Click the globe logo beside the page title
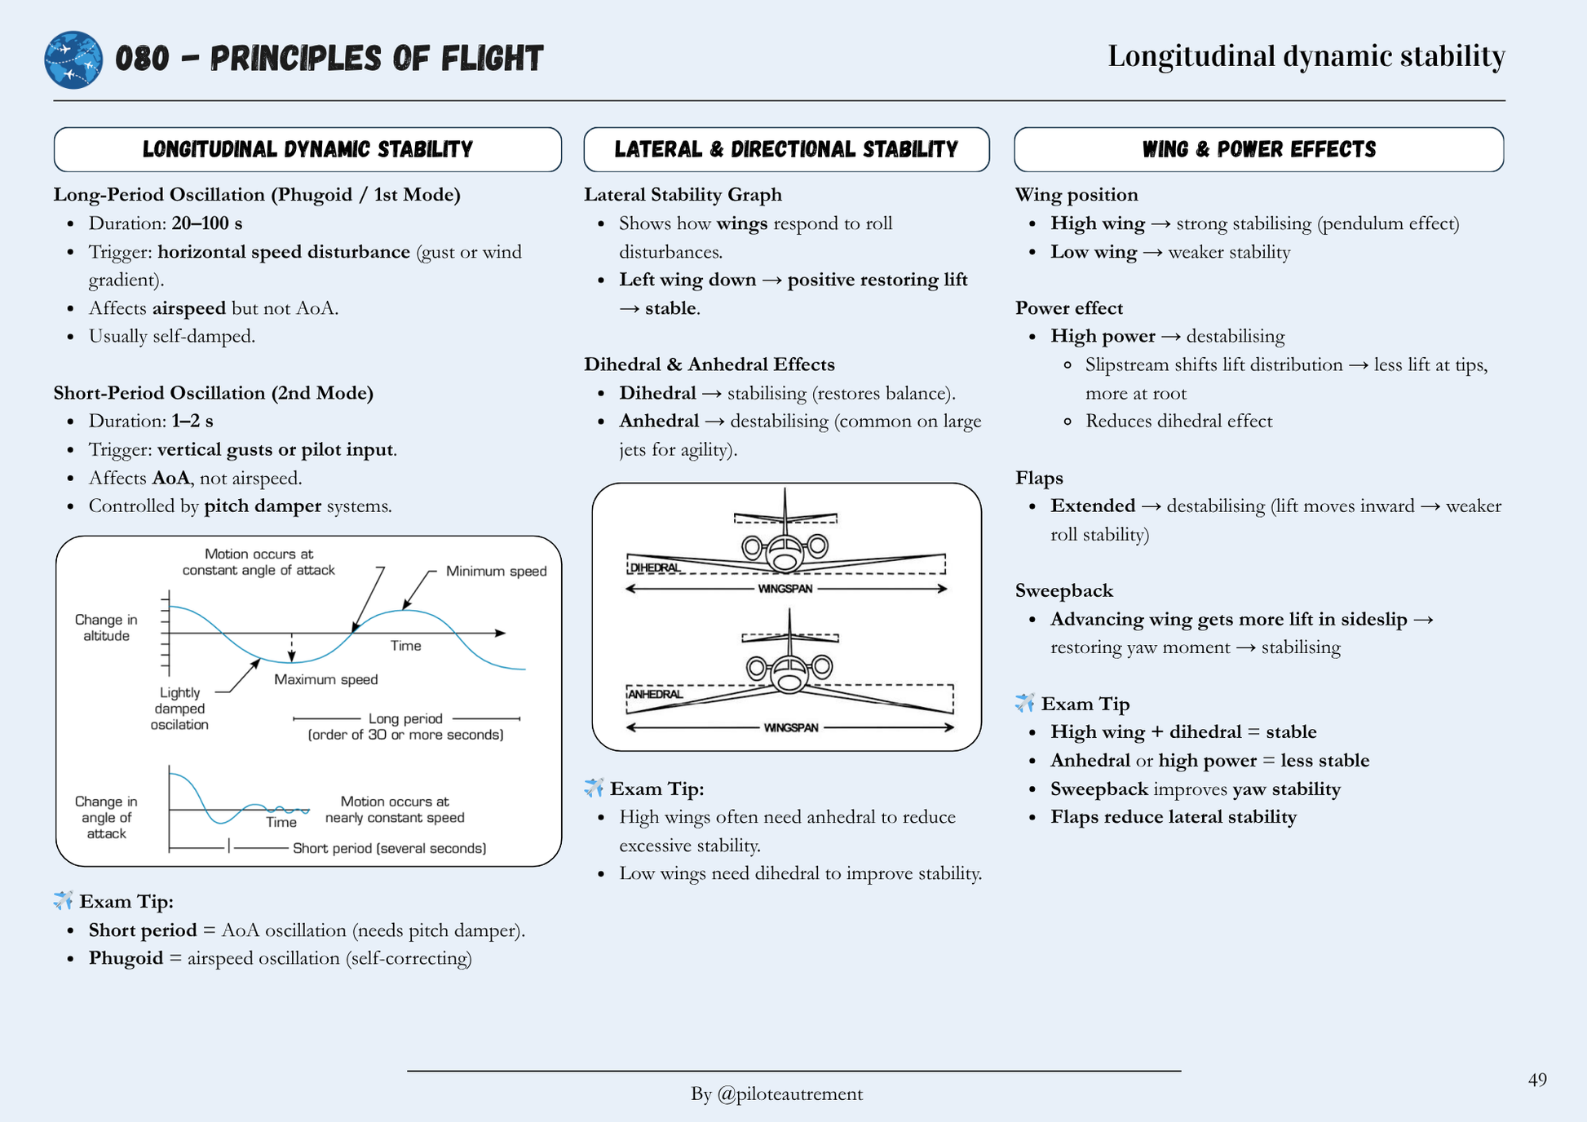[x=73, y=60]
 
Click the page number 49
[x=1536, y=1080]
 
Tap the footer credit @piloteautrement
[x=776, y=1093]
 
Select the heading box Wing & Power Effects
[x=1258, y=149]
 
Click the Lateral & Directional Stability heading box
[x=786, y=149]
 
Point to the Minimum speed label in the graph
[x=496, y=571]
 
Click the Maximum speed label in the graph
[x=325, y=679]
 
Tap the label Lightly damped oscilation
[x=179, y=708]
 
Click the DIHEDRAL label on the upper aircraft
[x=655, y=568]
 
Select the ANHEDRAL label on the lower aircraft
[x=655, y=694]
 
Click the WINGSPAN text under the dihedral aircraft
[x=785, y=589]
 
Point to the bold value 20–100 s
[x=206, y=223]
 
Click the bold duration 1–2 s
[x=192, y=421]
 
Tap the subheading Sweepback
[x=1063, y=590]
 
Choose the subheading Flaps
[x=1039, y=478]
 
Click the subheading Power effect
[x=1068, y=308]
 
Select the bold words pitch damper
[x=262, y=506]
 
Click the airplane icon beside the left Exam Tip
[x=64, y=900]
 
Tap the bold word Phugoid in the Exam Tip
[x=126, y=958]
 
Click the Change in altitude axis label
[x=106, y=628]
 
